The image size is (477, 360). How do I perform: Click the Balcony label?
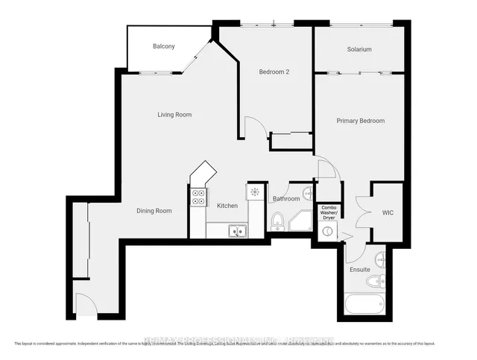pyautogui.click(x=164, y=46)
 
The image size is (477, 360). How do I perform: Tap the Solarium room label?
pyautogui.click(x=358, y=49)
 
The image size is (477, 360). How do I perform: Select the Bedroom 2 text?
pyautogui.click(x=274, y=72)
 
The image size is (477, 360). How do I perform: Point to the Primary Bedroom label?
pyautogui.click(x=360, y=121)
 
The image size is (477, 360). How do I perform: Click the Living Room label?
pyautogui.click(x=174, y=115)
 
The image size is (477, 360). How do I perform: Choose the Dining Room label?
pyautogui.click(x=154, y=211)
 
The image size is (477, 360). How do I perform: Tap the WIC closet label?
pyautogui.click(x=387, y=212)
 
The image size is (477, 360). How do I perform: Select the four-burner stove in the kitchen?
pyautogui.click(x=199, y=198)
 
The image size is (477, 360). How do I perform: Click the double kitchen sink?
pyautogui.click(x=237, y=231)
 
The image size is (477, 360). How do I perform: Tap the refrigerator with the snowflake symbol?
pyautogui.click(x=256, y=192)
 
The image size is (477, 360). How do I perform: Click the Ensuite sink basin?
pyautogui.click(x=379, y=259)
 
